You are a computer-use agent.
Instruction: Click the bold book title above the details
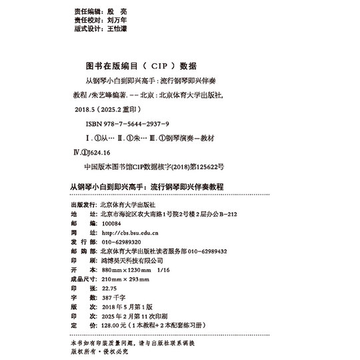[147, 187]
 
